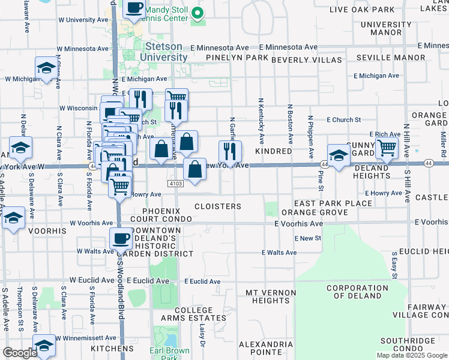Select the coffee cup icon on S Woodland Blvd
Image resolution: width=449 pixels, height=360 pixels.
coord(121,239)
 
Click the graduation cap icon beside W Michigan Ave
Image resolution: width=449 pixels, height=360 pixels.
coord(46,68)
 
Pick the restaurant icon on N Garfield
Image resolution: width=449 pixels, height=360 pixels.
coord(229,151)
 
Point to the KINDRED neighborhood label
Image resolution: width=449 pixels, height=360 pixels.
coord(273,152)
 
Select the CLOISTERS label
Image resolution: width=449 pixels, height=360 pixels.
coord(218,206)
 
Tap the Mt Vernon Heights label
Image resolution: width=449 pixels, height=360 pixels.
coord(271,296)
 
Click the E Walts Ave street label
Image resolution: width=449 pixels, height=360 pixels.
coord(279,253)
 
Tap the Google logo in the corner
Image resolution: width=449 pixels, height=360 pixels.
coord(20,353)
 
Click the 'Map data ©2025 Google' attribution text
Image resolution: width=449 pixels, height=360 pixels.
coord(412,355)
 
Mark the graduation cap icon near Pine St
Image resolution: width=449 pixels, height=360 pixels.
coord(339,155)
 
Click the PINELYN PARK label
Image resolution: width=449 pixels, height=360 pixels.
coord(237,58)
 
